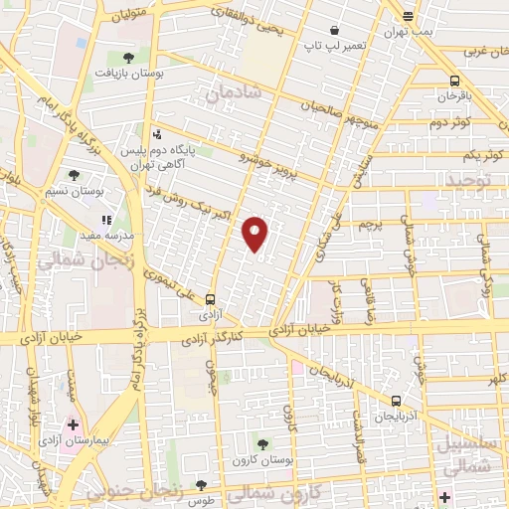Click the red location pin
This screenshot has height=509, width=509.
click(255, 233)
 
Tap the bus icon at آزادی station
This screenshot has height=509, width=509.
click(210, 298)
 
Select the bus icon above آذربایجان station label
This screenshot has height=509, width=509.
click(396, 401)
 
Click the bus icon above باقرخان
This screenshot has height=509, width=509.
click(454, 81)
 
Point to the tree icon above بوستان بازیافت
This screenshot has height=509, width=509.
click(128, 57)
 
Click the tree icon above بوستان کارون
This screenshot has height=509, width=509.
click(263, 445)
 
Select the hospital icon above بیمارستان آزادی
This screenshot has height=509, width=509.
click(73, 424)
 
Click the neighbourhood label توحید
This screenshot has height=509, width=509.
click(469, 180)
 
